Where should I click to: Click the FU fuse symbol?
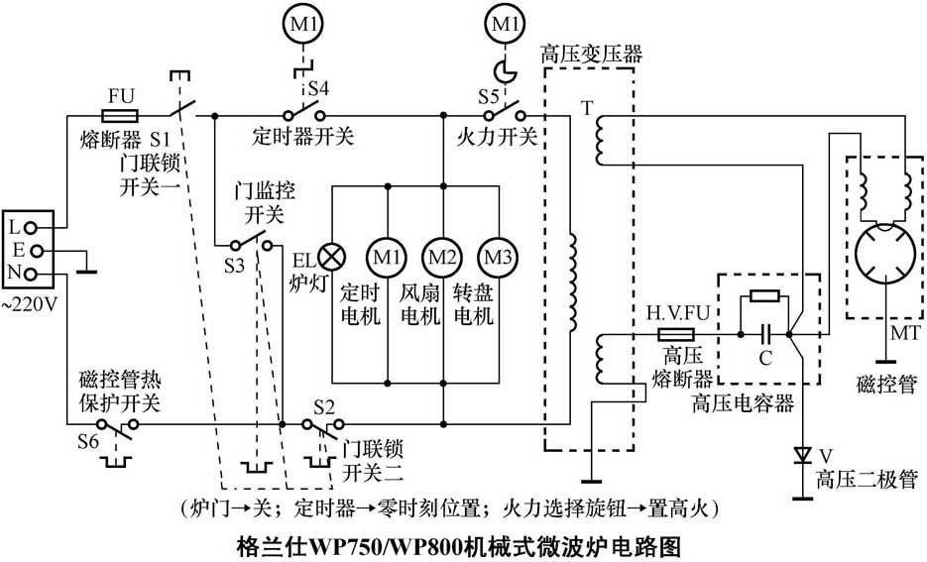pyautogui.click(x=120, y=116)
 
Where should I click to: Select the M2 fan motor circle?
pyautogui.click(x=442, y=257)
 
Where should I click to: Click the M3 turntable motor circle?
pyautogui.click(x=497, y=257)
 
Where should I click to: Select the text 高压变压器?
pyautogui.click(x=591, y=56)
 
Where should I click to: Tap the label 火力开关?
pyautogui.click(x=498, y=136)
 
